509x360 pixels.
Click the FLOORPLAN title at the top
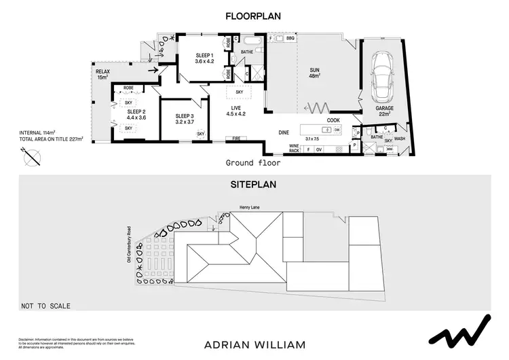pos(254,16)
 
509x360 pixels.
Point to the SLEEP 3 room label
pos(184,120)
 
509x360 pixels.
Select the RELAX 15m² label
pos(103,73)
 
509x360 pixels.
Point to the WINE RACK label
pos(295,147)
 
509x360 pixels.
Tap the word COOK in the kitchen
pos(333,120)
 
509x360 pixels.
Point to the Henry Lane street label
pos(250,209)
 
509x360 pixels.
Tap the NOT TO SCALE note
pos(45,306)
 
